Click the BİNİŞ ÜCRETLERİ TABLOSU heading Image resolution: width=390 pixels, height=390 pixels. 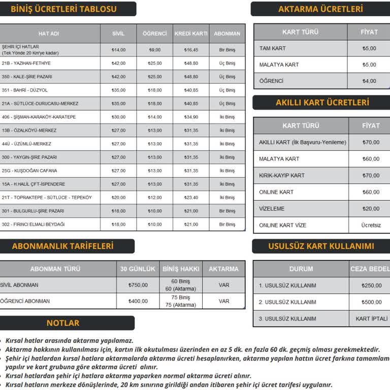[63, 9]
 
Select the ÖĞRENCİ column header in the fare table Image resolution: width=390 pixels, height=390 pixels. [154, 34]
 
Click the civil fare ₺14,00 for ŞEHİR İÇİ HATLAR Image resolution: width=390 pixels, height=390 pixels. [118, 50]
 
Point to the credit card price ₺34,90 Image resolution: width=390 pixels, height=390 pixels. [191, 117]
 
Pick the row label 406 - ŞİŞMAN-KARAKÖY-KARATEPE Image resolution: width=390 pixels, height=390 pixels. [39, 117]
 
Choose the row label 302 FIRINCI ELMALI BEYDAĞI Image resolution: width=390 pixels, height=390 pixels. [33, 224]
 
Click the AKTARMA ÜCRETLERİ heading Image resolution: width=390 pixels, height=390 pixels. [320, 9]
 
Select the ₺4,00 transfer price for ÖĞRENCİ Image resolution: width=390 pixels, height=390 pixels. [369, 81]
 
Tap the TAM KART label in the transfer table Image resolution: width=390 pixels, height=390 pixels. [273, 48]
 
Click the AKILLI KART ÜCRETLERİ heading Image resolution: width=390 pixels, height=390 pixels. [322, 103]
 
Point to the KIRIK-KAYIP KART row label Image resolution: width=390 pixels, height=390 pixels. [282, 175]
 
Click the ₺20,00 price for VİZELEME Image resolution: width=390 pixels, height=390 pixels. [371, 209]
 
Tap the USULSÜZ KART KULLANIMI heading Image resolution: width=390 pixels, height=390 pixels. [321, 246]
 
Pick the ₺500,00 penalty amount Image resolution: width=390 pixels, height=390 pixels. [371, 302]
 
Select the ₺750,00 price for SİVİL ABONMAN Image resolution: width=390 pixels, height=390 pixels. [138, 285]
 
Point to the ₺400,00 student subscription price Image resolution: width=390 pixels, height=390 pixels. [138, 301]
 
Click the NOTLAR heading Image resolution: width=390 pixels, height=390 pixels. [63, 323]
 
